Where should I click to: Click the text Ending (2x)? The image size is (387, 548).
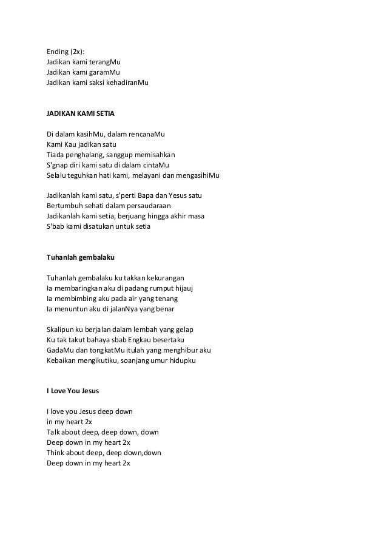point(66,51)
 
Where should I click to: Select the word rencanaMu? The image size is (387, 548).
point(148,134)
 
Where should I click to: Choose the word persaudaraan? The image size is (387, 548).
point(144,206)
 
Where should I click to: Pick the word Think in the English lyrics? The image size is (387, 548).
point(56,453)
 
